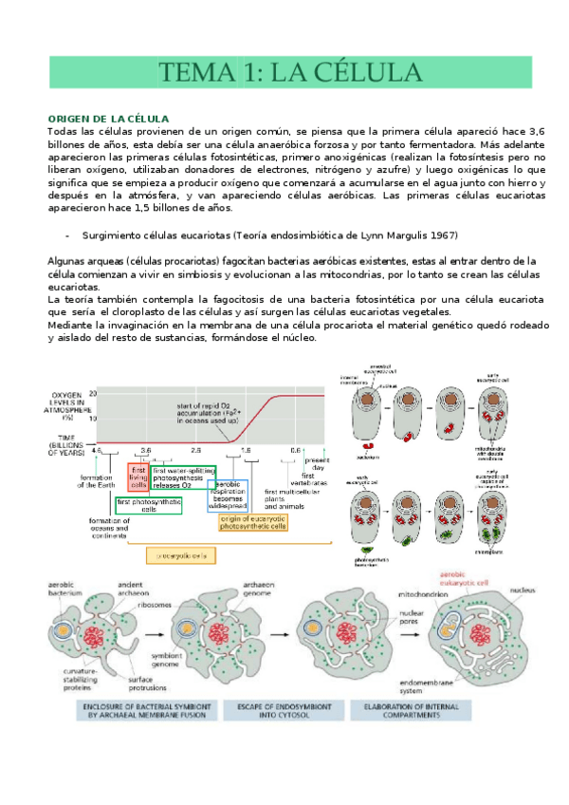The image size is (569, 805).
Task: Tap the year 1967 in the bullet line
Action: tap(444, 234)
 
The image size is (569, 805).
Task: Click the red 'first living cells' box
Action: tap(138, 476)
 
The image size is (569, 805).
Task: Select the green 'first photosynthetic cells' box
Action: tap(149, 505)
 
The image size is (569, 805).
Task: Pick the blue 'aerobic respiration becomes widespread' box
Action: tap(233, 495)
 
